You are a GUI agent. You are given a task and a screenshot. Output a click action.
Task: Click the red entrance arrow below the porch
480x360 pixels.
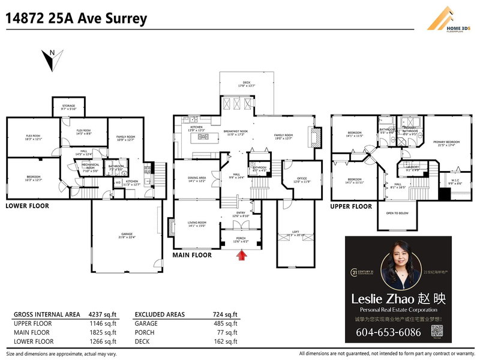(x=241, y=256)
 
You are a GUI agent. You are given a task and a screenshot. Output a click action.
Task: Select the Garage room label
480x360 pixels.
(x=127, y=235)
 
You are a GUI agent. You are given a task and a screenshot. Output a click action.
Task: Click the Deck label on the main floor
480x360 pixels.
(x=246, y=84)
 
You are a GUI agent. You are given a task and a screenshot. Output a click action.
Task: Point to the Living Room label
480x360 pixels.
(x=197, y=224)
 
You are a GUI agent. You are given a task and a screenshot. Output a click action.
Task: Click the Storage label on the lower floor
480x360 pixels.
(x=68, y=107)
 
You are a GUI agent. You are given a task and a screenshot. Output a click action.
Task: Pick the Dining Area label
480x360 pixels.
(x=197, y=179)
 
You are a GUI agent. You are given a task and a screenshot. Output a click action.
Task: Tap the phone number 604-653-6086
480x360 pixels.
(x=389, y=332)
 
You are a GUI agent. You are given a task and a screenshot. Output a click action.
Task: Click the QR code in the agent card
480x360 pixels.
(x=437, y=331)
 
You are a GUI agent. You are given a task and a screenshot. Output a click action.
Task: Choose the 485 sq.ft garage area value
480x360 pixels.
(x=226, y=323)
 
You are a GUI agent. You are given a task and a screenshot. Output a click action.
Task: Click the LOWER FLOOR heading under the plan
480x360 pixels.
(x=28, y=206)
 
